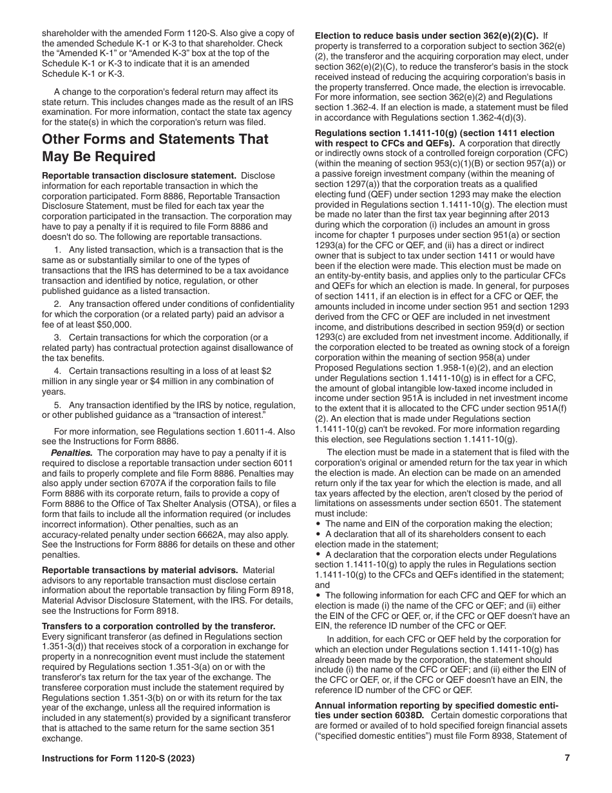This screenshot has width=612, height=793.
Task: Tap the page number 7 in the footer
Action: (x=567, y=758)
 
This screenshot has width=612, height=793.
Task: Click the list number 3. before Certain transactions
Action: (x=57, y=337)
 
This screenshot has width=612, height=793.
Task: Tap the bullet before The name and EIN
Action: (x=319, y=524)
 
